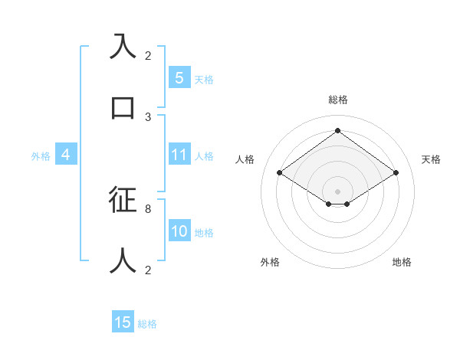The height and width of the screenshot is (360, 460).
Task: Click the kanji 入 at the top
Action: coord(123,47)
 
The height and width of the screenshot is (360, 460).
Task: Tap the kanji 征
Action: coord(123,199)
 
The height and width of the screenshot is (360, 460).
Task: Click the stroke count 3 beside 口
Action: coord(148,117)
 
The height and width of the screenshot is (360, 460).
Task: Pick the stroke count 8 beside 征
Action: coord(148,208)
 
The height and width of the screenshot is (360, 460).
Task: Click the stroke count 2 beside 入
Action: coord(148,56)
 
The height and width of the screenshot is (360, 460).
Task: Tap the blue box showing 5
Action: coord(179,78)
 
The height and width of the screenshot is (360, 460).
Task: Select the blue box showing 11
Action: coord(179,155)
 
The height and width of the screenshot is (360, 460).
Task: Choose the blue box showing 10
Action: coord(179,231)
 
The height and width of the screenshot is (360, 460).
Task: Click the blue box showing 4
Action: coord(66,155)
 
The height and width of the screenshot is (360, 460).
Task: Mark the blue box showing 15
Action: coord(123,322)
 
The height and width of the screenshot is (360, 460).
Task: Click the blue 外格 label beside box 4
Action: coord(41,156)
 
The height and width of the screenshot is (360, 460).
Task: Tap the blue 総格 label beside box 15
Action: coord(147,324)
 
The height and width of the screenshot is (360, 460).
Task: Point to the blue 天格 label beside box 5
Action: coord(204,80)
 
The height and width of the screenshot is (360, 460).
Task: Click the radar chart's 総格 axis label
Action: coord(337,100)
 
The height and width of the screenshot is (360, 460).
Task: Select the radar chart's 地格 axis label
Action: coord(402,262)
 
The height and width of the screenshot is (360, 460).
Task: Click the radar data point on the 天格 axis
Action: coord(396,173)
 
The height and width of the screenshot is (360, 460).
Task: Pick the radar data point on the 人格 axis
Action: coord(280,173)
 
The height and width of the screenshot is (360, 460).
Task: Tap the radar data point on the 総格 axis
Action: coord(337,131)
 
